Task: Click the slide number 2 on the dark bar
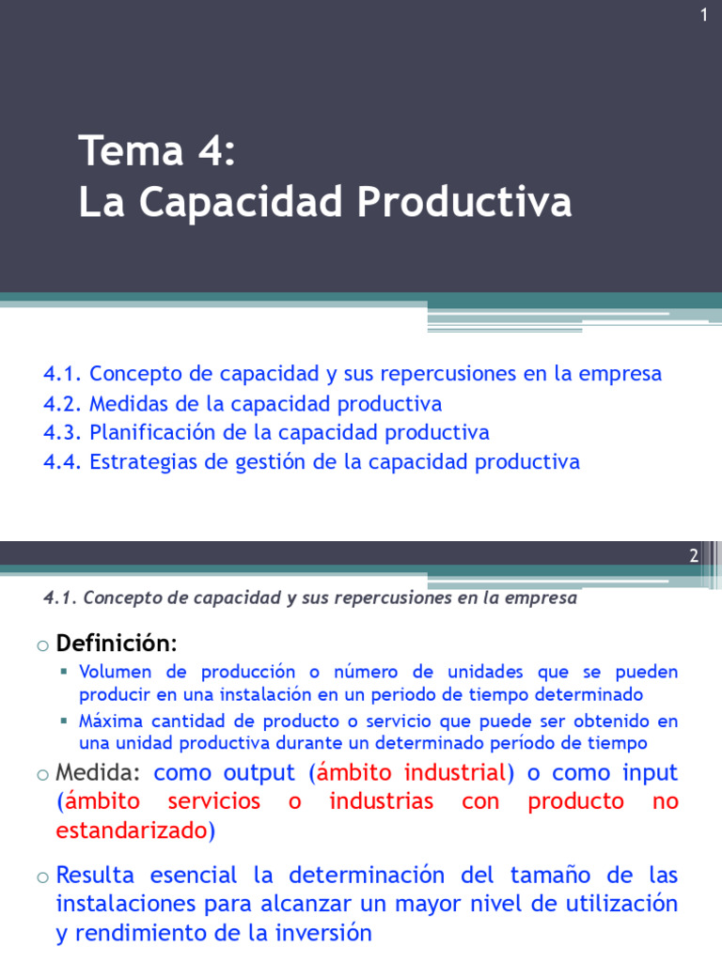694,555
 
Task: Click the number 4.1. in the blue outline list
63,374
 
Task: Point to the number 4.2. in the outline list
63,404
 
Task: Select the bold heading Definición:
116,644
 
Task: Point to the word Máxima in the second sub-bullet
109,721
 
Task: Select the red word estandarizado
131,830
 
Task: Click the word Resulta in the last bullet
95,876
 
